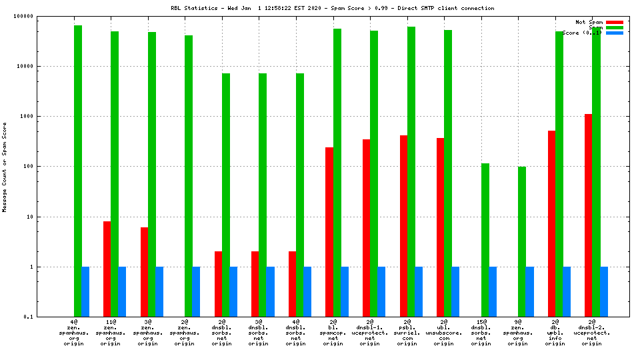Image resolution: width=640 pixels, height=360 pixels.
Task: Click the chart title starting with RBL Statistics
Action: [332, 8]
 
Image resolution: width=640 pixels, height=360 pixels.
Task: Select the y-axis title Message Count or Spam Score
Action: [5, 167]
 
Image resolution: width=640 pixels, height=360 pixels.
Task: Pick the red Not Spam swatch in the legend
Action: [615, 22]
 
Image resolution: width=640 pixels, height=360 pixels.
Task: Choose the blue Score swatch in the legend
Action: [615, 33]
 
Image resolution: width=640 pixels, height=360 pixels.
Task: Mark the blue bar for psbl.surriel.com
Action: [419, 291]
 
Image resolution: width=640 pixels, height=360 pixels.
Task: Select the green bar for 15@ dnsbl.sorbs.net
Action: [485, 240]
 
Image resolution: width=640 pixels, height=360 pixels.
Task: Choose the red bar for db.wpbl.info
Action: [552, 223]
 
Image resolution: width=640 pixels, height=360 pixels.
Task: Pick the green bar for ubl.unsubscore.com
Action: [448, 173]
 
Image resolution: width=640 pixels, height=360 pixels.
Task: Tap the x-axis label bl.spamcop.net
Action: [333, 333]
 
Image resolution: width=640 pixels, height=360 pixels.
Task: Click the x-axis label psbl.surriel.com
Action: [407, 333]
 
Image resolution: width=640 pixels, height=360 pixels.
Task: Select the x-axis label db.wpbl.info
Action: [555, 333]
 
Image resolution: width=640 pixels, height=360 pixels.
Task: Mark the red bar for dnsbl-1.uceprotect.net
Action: [367, 227]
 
